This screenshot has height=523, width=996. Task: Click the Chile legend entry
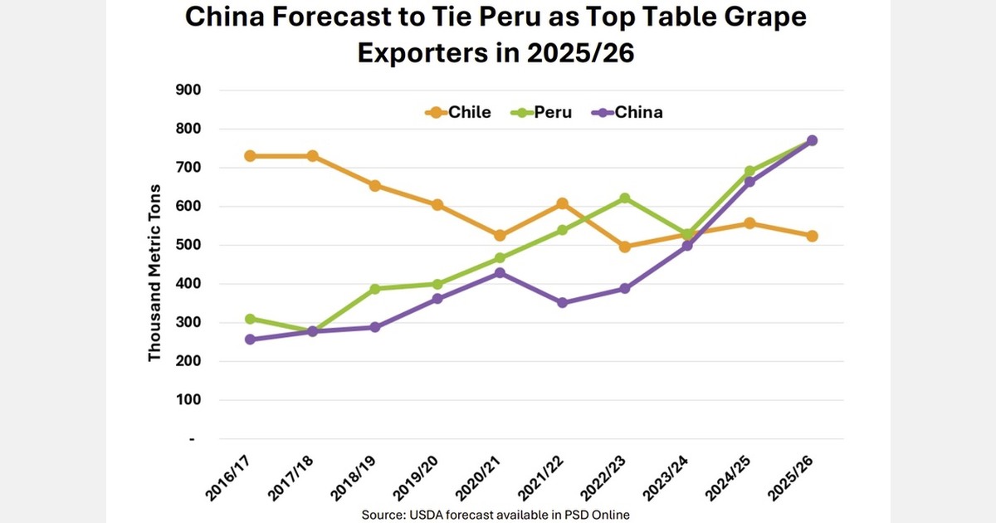pyautogui.click(x=458, y=112)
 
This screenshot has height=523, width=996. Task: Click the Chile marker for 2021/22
pyautogui.click(x=562, y=203)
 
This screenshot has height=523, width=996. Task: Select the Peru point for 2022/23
pyautogui.click(x=624, y=198)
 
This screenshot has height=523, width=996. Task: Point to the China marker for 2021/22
pyautogui.click(x=562, y=303)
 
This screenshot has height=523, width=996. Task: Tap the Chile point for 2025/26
pyautogui.click(x=813, y=236)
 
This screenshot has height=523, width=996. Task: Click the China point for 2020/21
pyautogui.click(x=499, y=273)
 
